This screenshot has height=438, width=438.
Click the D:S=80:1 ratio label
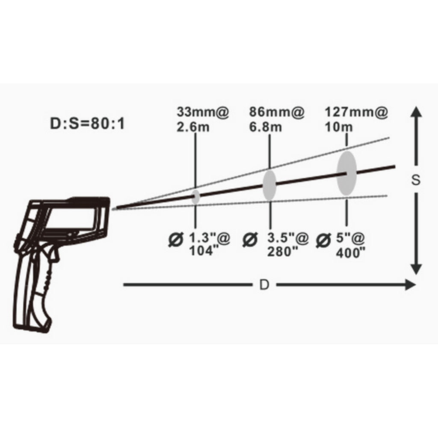pos(87,124)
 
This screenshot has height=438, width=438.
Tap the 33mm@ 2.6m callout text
pos(203,120)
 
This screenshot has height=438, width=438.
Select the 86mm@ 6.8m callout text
pos(277,120)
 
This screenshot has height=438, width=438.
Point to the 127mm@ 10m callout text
pos(356,120)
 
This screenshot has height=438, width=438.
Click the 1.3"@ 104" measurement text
pos(210,244)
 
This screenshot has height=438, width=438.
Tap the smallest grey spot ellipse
pos(195,197)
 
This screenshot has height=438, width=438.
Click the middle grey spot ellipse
pos(269,185)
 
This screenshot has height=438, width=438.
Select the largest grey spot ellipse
pos(346,173)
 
